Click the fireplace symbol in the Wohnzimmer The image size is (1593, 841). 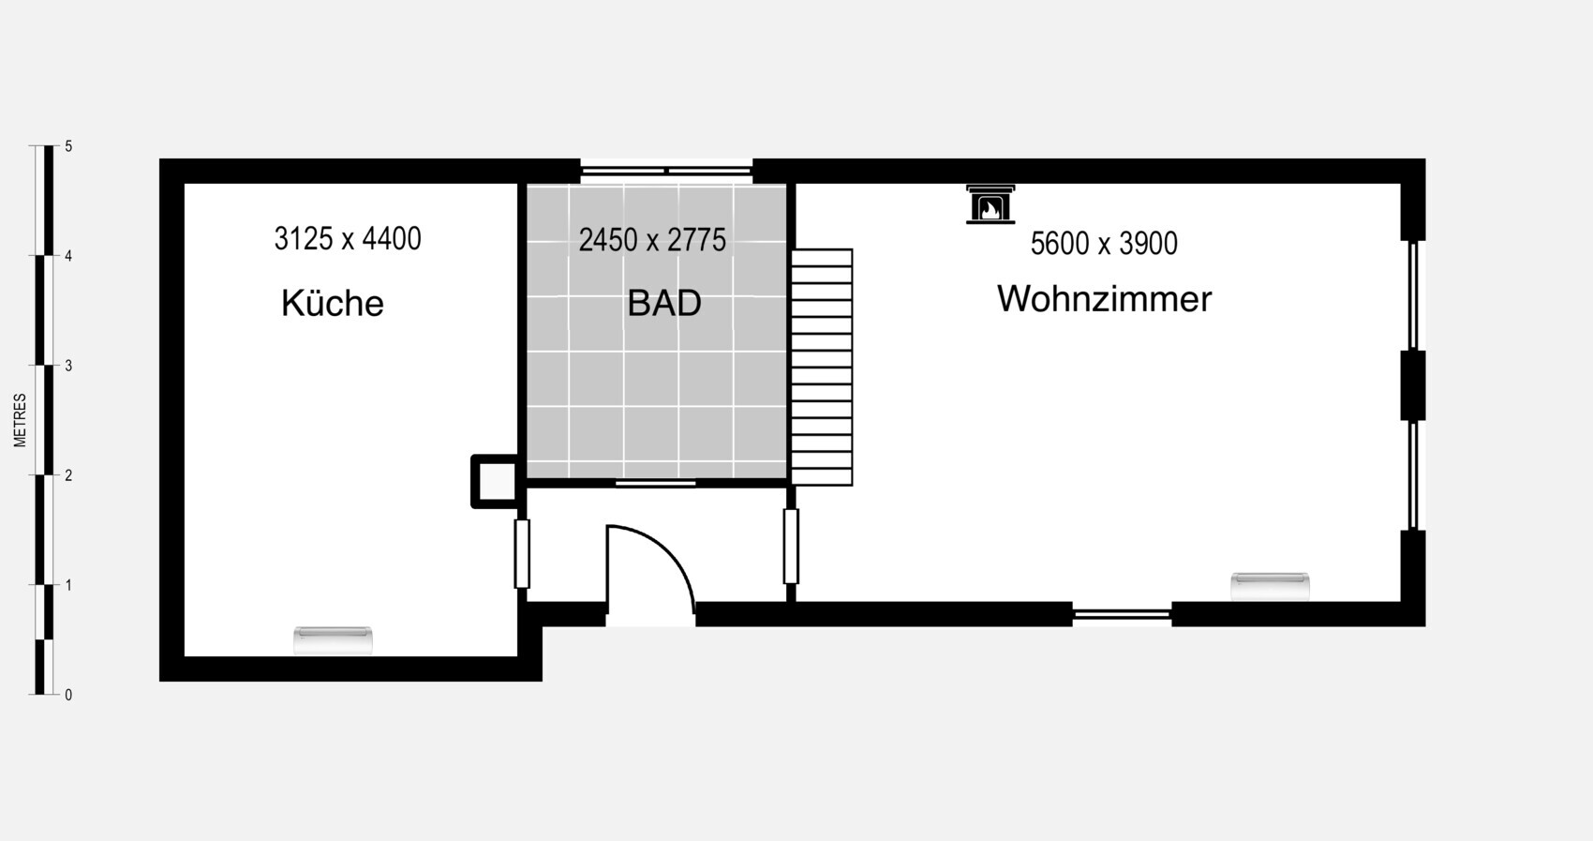pos(990,205)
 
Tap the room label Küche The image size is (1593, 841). pos(332,303)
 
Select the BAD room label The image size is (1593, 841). pos(664,304)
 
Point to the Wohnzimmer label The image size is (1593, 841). pos(1105,299)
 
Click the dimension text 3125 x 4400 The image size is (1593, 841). pos(348,239)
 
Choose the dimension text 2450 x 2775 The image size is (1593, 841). pos(652,241)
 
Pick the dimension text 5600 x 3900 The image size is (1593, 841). pos(1104,244)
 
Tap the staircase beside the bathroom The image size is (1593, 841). pos(822,368)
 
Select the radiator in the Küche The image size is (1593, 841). pos(333,640)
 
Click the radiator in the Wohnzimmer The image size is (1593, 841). pos(1270,586)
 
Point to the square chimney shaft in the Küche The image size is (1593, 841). pos(496,482)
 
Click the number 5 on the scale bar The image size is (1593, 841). pos(68,146)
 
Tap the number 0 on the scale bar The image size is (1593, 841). pos(68,695)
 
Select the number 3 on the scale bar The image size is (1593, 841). pos(68,367)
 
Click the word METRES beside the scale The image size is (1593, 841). pos(20,420)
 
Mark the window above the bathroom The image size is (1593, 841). pos(666,170)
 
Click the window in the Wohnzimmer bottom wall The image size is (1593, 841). pos(1123,614)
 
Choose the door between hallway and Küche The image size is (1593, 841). pos(522,553)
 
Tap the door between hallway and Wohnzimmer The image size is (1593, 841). pos(791,546)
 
